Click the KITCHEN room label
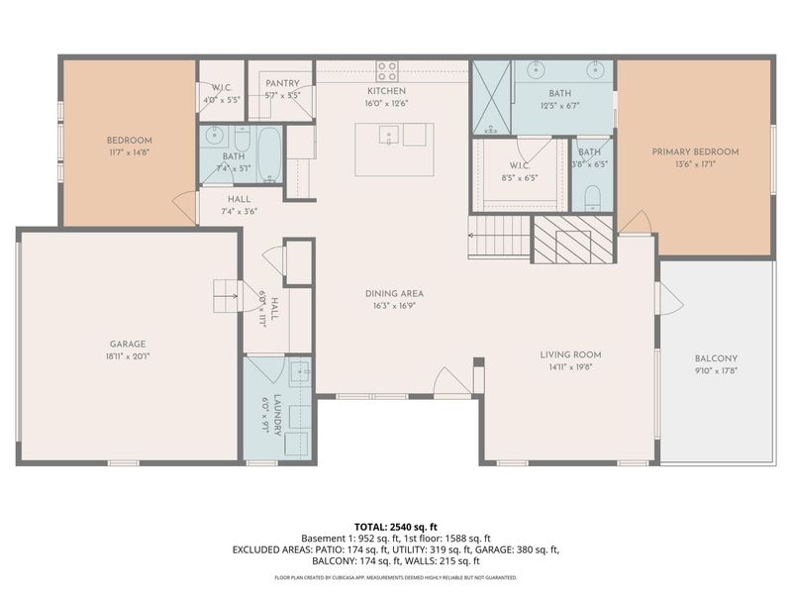(x=387, y=91)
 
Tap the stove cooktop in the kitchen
(x=387, y=70)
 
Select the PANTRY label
(x=282, y=85)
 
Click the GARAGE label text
(x=129, y=345)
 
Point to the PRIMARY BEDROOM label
(x=694, y=151)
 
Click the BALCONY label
(x=717, y=359)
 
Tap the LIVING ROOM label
(x=570, y=354)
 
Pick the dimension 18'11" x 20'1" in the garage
(x=129, y=356)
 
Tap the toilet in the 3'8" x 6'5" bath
(x=592, y=195)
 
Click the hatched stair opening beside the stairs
(x=560, y=241)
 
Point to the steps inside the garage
(x=226, y=294)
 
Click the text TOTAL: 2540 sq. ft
(x=395, y=526)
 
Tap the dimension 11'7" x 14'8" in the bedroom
(x=129, y=152)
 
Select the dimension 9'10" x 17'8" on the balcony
(x=717, y=371)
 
